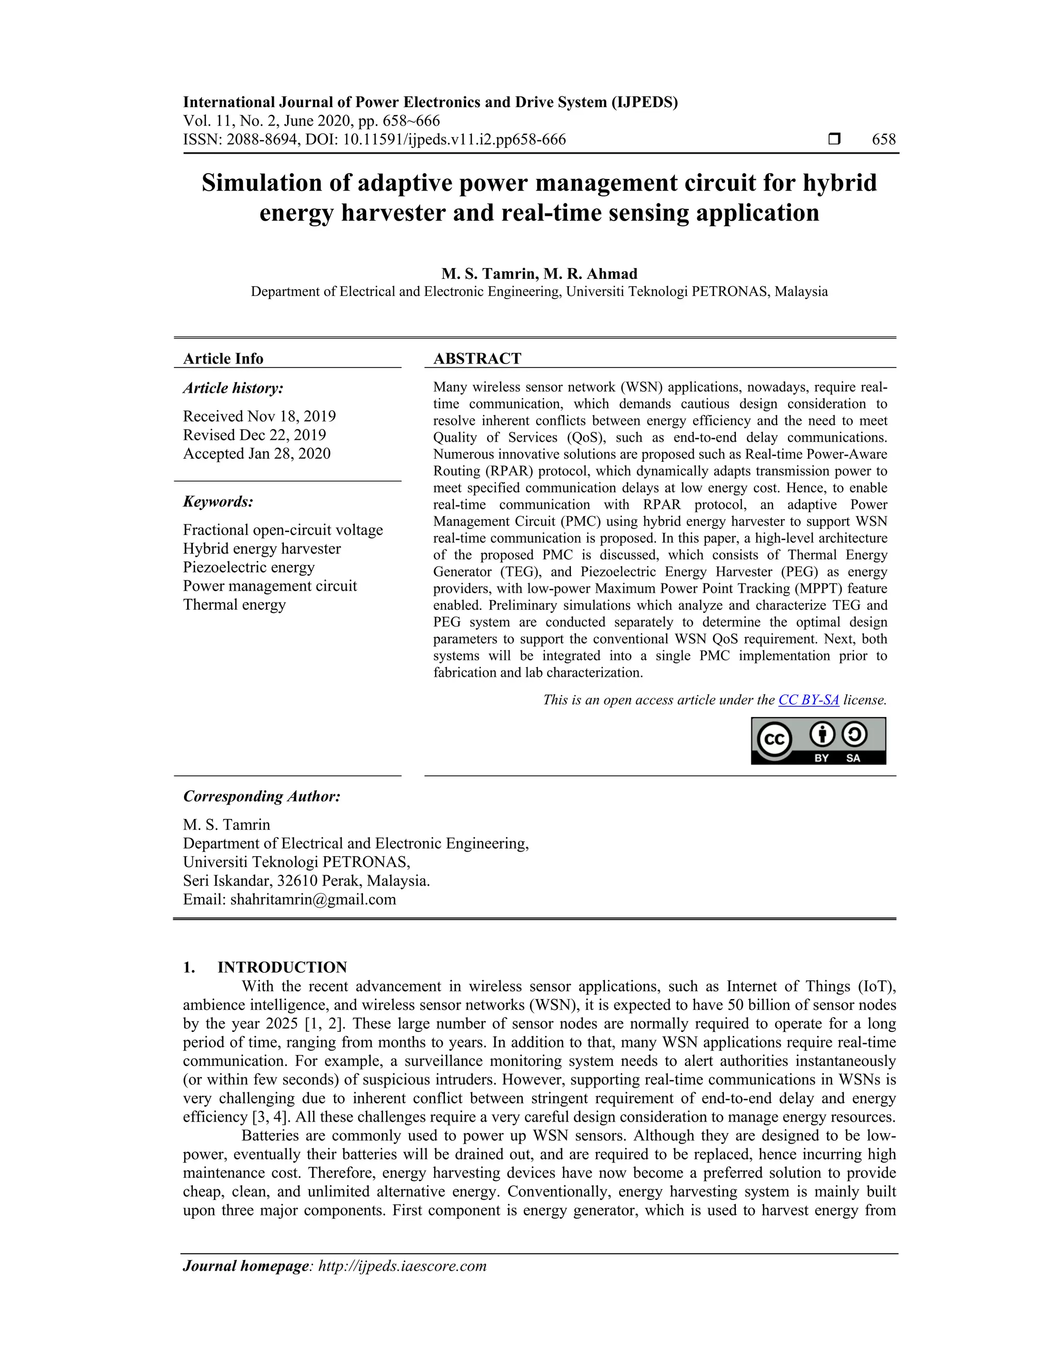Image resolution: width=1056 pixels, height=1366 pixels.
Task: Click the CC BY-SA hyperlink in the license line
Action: point(808,700)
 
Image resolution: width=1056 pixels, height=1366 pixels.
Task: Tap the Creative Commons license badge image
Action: point(818,741)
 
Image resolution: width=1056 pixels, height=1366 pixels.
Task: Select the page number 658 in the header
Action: point(883,140)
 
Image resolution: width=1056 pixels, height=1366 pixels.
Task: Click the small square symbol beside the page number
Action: point(834,139)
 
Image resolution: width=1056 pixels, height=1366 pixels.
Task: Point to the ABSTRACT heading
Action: point(477,358)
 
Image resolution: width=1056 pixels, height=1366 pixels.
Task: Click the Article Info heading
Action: point(223,358)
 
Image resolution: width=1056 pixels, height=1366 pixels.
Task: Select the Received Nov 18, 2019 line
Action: point(259,416)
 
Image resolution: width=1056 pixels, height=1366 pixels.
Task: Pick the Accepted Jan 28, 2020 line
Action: point(256,454)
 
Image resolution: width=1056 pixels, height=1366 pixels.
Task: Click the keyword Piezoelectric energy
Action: point(249,568)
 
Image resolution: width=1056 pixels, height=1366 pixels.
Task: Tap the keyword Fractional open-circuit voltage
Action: point(283,530)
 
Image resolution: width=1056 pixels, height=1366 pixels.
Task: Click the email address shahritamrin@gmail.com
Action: point(313,899)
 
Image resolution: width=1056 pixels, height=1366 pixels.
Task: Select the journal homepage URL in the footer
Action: point(402,1266)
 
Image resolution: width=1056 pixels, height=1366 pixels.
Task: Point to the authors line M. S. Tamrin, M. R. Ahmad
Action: point(539,273)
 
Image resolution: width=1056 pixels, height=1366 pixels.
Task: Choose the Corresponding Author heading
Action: point(261,796)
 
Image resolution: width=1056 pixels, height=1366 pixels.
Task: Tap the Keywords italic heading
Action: point(218,502)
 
